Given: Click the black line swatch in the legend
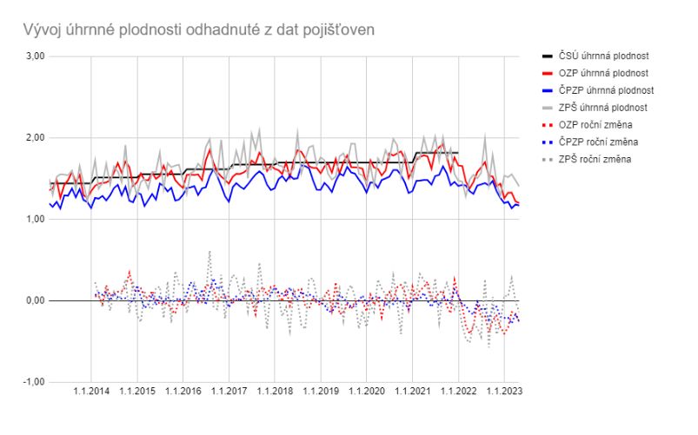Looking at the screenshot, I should click(546, 56).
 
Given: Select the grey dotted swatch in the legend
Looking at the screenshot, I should click(546, 159).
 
